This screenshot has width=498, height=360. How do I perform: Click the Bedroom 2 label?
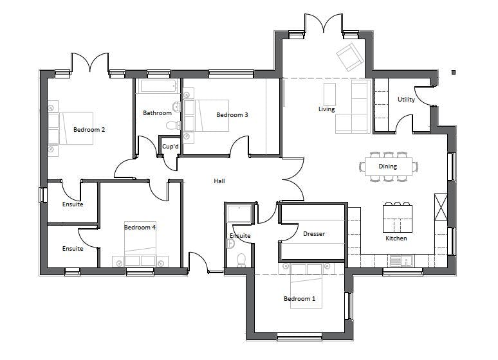[89, 129]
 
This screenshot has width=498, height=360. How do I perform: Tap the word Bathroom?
[157, 113]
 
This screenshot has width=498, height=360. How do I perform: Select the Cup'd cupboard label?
[171, 147]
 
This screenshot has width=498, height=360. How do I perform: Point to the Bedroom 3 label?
[232, 114]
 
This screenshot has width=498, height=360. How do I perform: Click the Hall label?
[219, 181]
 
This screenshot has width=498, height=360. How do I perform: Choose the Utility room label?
[406, 100]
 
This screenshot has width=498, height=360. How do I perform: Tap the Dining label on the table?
[387, 166]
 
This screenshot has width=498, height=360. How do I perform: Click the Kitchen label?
[396, 238]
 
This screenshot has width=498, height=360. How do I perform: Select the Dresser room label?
[314, 233]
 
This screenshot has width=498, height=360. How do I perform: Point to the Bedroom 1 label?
[299, 298]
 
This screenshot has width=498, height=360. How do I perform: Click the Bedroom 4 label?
[140, 228]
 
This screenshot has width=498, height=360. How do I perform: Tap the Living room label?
[326, 109]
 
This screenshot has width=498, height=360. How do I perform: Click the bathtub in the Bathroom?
[158, 86]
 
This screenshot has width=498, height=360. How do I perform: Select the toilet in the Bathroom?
[172, 125]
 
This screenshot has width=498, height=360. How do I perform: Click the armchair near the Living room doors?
[349, 57]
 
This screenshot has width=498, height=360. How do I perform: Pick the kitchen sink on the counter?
[401, 260]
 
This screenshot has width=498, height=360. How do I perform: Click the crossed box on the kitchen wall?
[441, 207]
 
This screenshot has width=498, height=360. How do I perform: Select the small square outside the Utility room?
[454, 73]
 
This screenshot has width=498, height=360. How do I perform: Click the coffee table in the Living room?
[329, 94]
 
